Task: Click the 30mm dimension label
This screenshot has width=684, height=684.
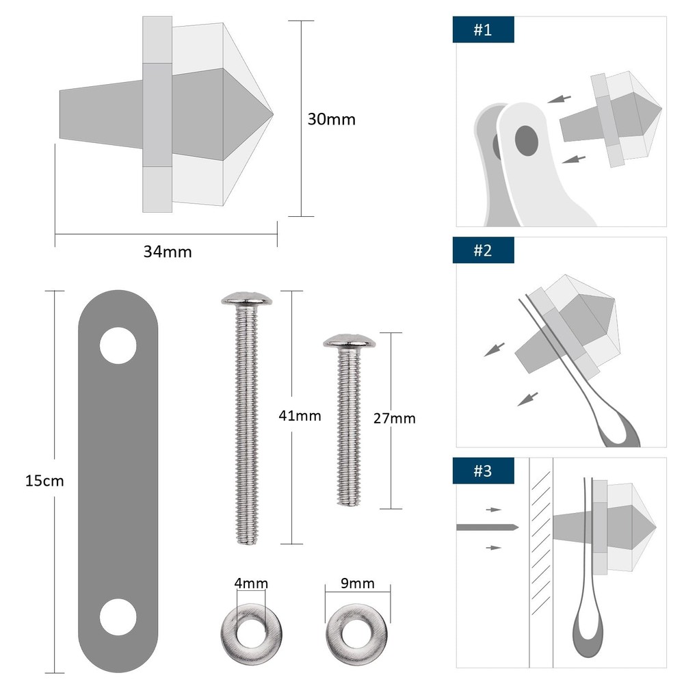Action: pyautogui.click(x=331, y=119)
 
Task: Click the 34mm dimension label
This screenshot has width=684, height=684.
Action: pyautogui.click(x=168, y=252)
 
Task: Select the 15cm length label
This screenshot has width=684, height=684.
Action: pyautogui.click(x=44, y=481)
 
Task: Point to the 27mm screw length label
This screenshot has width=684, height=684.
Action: pyautogui.click(x=395, y=419)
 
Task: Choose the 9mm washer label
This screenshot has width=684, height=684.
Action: pyautogui.click(x=358, y=583)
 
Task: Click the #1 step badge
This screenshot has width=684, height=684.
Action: pyautogui.click(x=483, y=30)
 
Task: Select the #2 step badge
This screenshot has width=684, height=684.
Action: pyautogui.click(x=483, y=250)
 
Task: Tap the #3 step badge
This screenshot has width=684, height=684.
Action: pyautogui.click(x=483, y=471)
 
